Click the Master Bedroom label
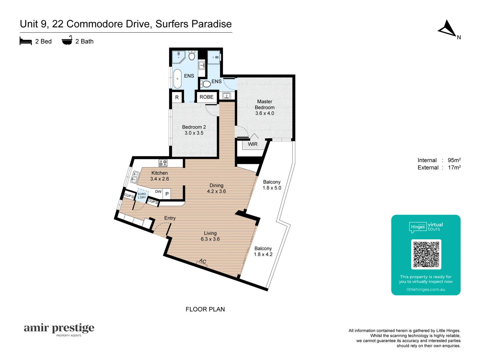click(265, 107)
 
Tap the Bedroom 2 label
click(194, 130)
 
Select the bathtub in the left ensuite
click(177, 79)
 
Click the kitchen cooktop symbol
click(163, 163)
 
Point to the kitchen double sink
click(135, 177)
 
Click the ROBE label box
click(206, 97)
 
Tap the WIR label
click(253, 144)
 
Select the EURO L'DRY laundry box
click(142, 196)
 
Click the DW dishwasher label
click(158, 192)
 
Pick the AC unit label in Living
click(203, 261)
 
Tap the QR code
click(426, 254)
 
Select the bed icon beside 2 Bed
click(26, 41)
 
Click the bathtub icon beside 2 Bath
click(67, 41)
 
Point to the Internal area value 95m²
click(454, 160)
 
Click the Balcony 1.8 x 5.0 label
click(272, 185)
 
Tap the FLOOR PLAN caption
click(205, 309)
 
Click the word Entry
click(170, 218)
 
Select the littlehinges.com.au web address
click(426, 289)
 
